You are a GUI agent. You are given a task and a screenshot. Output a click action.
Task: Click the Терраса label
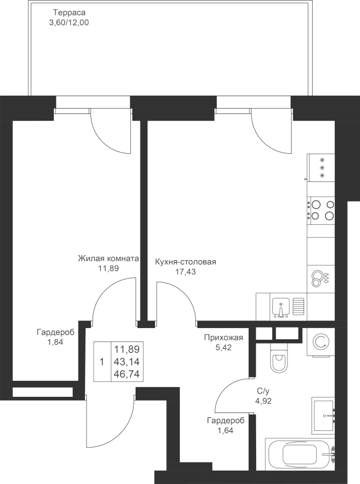click(x=65, y=13)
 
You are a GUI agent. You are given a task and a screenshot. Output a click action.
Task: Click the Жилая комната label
click(x=108, y=258)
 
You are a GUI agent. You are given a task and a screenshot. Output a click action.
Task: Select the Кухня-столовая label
click(x=185, y=262)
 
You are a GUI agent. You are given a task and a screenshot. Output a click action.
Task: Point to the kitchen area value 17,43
click(x=185, y=272)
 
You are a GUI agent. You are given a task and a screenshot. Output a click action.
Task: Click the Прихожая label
click(x=223, y=338)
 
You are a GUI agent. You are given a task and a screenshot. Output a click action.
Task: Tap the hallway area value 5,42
click(x=223, y=347)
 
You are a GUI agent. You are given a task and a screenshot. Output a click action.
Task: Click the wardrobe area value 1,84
click(x=56, y=342)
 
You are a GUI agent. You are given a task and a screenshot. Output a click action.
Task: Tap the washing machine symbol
click(x=321, y=343)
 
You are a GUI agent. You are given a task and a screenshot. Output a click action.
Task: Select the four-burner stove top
click(x=321, y=210)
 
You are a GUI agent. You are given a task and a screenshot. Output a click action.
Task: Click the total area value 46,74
click(x=127, y=374)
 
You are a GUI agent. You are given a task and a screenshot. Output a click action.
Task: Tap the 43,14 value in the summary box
click(x=127, y=362)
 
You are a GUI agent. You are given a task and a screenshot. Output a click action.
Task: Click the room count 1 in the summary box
click(x=102, y=361)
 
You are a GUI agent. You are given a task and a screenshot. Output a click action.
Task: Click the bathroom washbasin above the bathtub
click(x=323, y=416)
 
